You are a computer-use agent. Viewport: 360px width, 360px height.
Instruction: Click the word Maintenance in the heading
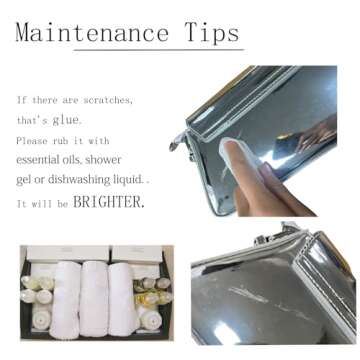pos(92,33)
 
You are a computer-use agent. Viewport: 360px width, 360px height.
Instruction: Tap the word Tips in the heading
pos(212,33)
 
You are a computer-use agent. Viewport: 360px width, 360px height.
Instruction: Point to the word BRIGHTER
pos(109,202)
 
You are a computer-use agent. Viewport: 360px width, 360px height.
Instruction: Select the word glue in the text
pos(67,120)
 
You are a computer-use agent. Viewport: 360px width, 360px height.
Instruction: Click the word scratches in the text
pos(108,100)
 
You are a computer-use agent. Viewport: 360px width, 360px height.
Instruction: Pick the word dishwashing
pos(82,180)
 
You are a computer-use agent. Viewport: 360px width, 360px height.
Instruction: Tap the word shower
pos(103,160)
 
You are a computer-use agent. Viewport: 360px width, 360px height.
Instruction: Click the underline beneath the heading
pos(159,50)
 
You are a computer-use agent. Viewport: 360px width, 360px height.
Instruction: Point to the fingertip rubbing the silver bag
pos(230,146)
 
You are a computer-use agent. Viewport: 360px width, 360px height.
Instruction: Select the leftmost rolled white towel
pos(65,299)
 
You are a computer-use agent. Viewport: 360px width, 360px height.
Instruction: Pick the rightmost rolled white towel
pos(122,298)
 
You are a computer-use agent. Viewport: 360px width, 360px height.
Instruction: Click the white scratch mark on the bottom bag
pos(248,295)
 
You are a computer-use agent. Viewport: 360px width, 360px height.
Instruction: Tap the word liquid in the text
pos(130,180)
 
